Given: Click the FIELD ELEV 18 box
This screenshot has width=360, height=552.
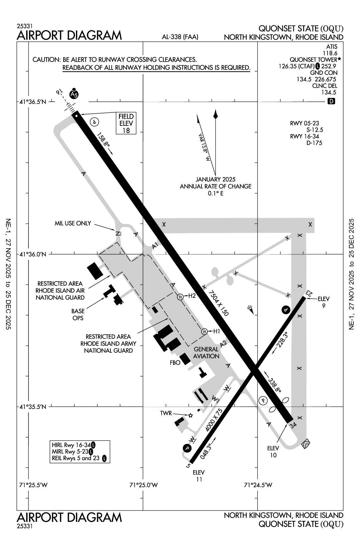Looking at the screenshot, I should pos(126,123).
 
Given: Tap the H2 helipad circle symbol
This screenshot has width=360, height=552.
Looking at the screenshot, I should pos(180,296).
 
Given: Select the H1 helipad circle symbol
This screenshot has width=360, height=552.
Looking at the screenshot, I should pos(204,332).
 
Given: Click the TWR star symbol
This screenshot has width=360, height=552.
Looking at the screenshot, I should pos(190,415).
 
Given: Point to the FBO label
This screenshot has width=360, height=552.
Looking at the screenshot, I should pos(175,362).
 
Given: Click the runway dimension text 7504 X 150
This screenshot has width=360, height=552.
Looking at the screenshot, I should pos(218,303).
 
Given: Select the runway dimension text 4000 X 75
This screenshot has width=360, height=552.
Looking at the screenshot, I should pos(214,420).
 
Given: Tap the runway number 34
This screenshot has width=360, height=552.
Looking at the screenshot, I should pos(293,425).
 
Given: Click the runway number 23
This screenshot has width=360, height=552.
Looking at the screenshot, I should pos(309,293).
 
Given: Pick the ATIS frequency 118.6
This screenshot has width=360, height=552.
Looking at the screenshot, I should pos(330,53).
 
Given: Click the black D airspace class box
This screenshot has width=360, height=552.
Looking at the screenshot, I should pos(331,101).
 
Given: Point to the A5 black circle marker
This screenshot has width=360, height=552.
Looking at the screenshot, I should pos(74,94).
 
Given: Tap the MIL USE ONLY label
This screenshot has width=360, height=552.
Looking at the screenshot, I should pos(73,223).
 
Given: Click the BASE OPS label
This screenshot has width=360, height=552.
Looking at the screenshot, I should pos(78,314).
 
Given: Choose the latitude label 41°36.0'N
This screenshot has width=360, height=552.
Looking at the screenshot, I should pos(33,254).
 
